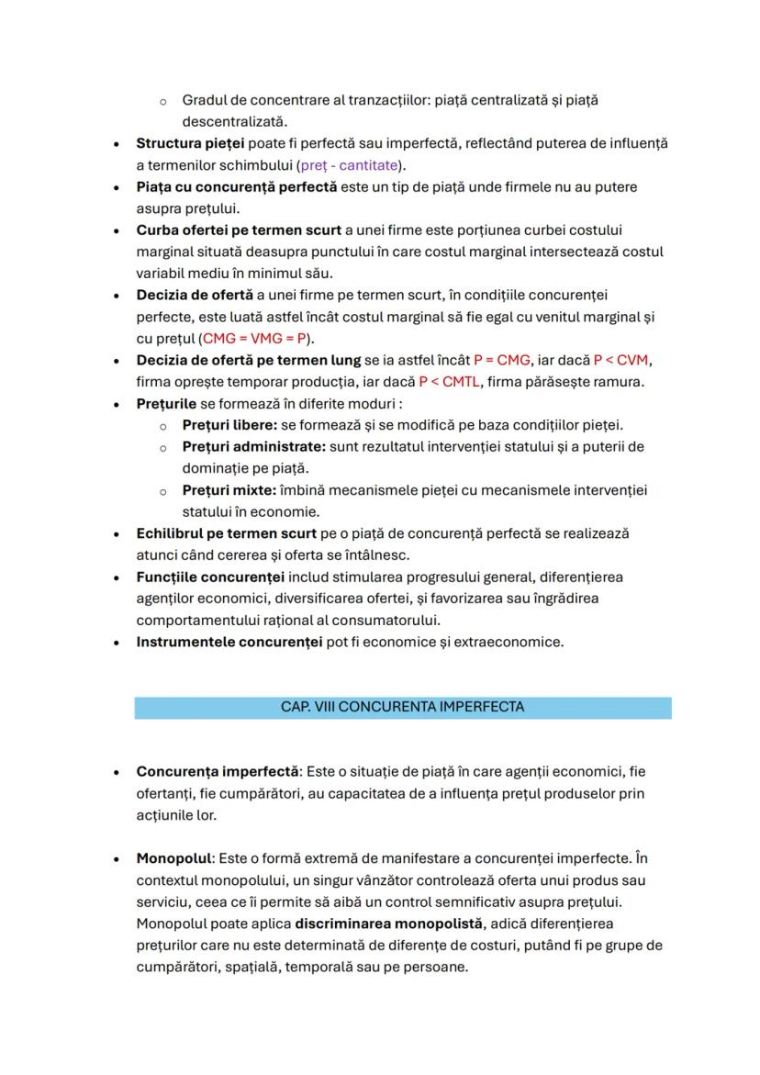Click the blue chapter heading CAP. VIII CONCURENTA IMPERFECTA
pyautogui.click(x=402, y=707)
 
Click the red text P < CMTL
pyautogui.click(x=449, y=381)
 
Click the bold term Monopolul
pyautogui.click(x=173, y=857)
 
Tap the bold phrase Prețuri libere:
pyautogui.click(x=229, y=425)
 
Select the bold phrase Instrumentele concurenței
pyautogui.click(x=229, y=642)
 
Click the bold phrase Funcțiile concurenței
pyautogui.click(x=210, y=577)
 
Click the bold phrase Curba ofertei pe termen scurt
pyautogui.click(x=239, y=230)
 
